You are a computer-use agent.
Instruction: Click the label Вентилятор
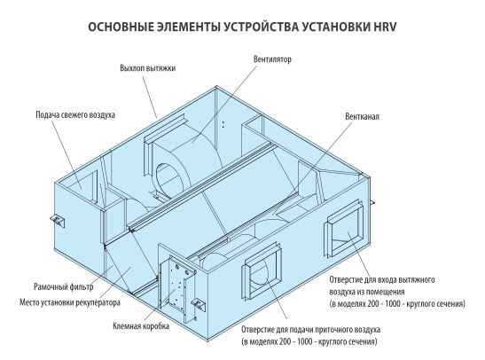pos(272,59)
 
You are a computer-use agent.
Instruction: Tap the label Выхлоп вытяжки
pos(148,68)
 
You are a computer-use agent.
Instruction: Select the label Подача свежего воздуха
pos(75,114)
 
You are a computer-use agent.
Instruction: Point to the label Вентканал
pos(362,116)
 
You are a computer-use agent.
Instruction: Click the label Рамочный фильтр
pos(64,286)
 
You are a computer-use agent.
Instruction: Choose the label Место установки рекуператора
pos(70,302)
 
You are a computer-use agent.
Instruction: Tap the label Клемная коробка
pos(141,326)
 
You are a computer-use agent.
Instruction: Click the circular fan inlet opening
pos(169,180)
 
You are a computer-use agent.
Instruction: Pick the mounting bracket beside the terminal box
pos(198,304)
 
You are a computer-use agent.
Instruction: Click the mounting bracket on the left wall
pos(58,221)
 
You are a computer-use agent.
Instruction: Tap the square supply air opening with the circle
pos(262,271)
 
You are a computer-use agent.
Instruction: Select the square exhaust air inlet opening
pos(344,228)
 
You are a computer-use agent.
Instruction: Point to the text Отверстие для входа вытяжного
pos(382,279)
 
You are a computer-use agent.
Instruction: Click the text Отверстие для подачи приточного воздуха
pos(311,329)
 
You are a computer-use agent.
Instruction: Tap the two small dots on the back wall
pos(223,124)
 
